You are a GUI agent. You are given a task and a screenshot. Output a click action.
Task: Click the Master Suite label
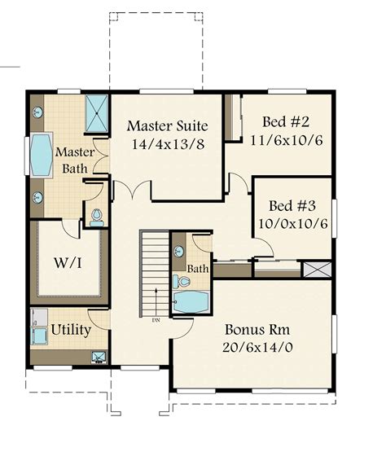tap(168, 126)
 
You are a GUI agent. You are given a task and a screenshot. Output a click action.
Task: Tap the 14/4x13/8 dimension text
tap(169, 144)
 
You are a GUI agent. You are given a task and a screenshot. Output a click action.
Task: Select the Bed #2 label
tap(286, 121)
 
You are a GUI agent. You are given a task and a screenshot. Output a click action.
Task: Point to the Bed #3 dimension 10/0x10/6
tap(293, 224)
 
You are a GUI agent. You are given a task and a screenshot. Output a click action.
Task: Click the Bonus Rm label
tap(257, 330)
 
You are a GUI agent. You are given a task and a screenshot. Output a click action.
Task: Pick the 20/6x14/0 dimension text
tap(257, 347)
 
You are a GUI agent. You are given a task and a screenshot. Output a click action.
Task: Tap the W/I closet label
tap(68, 262)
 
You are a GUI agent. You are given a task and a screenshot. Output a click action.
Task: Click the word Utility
tap(71, 330)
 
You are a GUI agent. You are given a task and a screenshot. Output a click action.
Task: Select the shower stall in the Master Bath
tap(97, 113)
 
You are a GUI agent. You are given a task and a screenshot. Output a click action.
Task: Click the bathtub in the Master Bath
tap(42, 155)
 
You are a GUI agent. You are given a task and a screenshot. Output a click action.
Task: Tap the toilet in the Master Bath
tap(96, 218)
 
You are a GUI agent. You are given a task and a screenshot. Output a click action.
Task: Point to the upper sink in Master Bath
tap(37, 112)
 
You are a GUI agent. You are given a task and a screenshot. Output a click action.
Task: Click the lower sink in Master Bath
tap(37, 197)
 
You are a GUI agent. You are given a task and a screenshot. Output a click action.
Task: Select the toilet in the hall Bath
tap(181, 281)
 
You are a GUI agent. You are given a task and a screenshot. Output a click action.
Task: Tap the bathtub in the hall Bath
tap(191, 302)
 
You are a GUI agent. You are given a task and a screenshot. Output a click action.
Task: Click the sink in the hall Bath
tap(179, 252)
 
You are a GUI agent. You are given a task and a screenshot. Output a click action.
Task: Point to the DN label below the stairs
tap(156, 320)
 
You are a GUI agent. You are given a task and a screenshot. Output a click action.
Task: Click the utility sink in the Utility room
tap(99, 358)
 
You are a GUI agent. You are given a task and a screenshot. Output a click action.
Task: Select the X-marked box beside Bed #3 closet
tap(318, 270)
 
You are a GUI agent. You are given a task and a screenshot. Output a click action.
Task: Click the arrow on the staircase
tap(156, 302)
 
